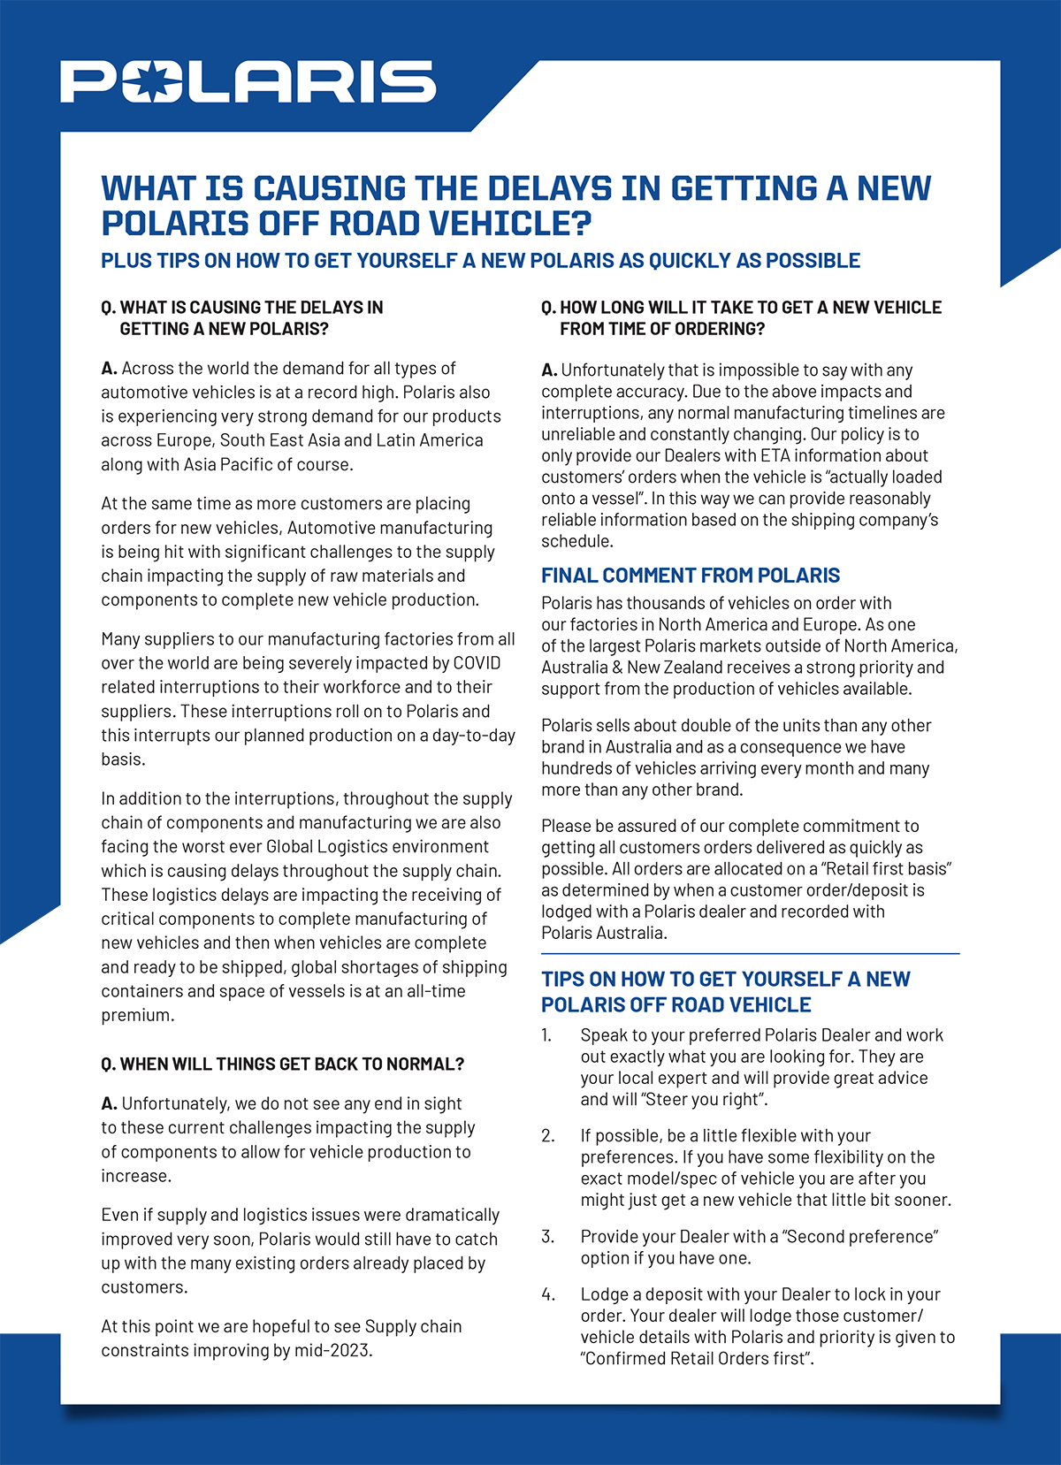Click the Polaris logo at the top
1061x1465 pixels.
pos(248,81)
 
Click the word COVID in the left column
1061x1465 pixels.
pos(477,663)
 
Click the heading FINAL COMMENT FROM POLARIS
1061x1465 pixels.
pos(691,576)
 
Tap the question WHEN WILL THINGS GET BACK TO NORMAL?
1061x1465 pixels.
pos(292,1064)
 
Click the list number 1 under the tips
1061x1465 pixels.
pos(546,1035)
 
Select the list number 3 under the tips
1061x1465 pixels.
pos(547,1237)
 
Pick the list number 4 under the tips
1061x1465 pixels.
pos(548,1294)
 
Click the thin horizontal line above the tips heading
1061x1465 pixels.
pos(750,954)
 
